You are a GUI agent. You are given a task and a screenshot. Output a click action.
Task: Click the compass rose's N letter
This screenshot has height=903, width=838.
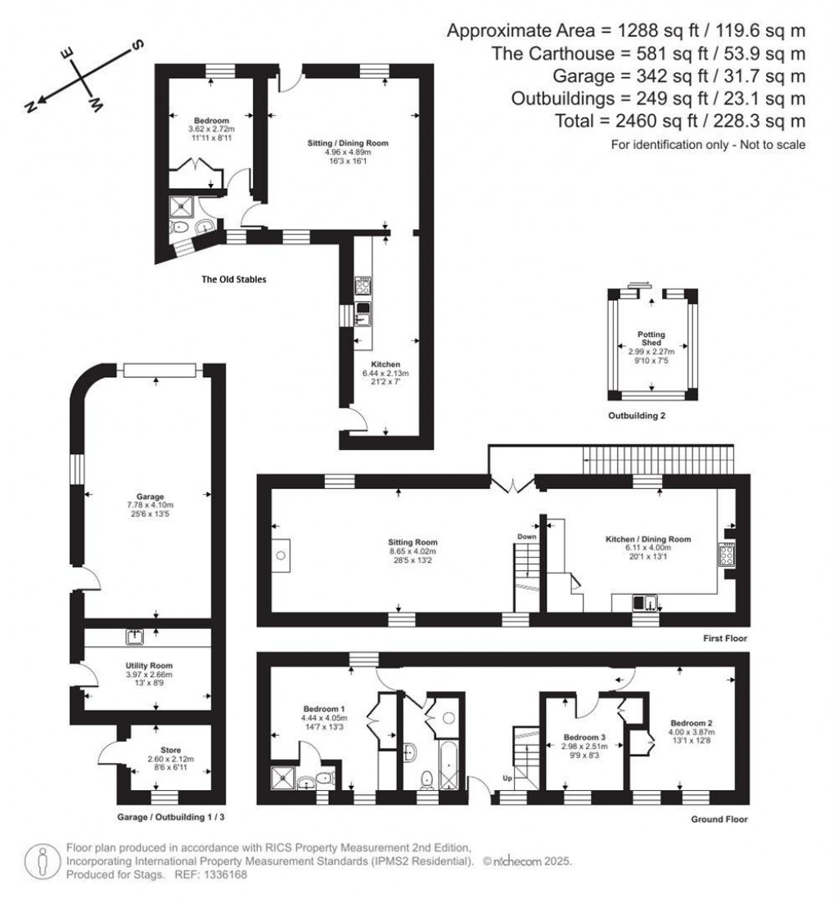point(30,106)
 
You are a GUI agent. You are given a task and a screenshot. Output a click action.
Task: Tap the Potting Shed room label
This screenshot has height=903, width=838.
point(651,339)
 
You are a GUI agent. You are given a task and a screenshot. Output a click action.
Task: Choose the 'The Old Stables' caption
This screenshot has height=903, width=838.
point(233,279)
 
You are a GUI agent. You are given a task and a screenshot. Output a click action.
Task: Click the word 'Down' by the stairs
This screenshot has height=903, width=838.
point(525,537)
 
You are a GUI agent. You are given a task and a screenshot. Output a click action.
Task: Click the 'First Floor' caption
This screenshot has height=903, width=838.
point(724,639)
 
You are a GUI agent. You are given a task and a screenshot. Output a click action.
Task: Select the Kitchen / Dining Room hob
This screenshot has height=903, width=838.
point(725,556)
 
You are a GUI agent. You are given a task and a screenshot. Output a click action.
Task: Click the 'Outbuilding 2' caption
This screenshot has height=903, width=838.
point(636,416)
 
